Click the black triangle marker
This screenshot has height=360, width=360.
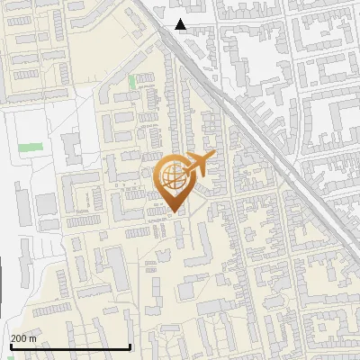[x=181, y=24]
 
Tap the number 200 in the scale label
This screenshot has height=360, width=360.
[x=19, y=337]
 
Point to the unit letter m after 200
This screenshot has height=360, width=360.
[x=32, y=337]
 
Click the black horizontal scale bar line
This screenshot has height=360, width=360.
[x=70, y=346]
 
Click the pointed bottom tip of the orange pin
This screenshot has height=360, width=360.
[x=174, y=212]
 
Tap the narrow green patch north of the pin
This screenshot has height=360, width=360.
[x=133, y=82]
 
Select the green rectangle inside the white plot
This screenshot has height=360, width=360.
[x=31, y=146]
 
